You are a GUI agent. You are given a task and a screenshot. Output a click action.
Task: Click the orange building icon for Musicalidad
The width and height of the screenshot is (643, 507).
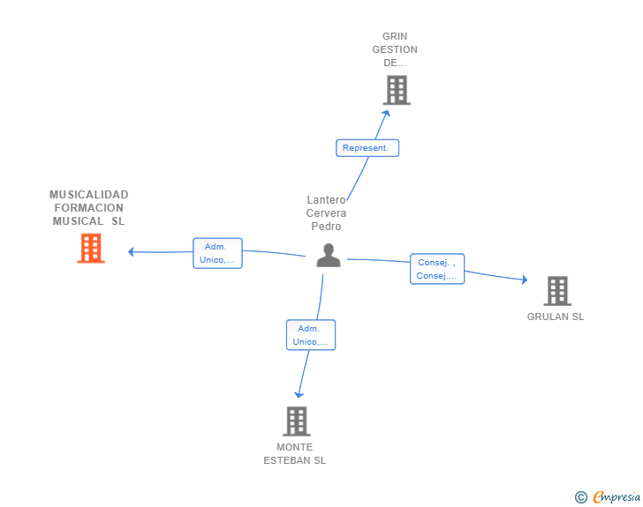(x=91, y=248)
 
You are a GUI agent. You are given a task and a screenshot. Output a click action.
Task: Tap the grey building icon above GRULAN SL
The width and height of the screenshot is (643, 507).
(x=557, y=291)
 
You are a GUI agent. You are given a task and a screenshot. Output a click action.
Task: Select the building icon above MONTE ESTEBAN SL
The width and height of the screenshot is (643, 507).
(x=297, y=421)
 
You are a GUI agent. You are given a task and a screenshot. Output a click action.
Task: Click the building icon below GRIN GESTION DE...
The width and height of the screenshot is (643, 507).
(x=397, y=90)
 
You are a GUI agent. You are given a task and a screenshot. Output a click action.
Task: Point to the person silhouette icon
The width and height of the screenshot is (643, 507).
(x=329, y=256)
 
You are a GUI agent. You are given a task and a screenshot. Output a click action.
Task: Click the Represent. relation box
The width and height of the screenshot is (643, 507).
(x=367, y=148)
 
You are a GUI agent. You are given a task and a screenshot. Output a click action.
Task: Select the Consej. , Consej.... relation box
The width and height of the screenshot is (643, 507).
(x=437, y=269)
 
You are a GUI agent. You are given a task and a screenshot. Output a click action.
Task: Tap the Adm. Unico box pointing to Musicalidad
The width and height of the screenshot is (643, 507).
(x=218, y=253)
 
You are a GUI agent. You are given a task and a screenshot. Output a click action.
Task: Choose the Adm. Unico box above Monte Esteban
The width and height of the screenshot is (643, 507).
(x=311, y=335)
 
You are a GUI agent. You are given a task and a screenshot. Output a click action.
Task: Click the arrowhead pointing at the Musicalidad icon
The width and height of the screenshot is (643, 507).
(x=131, y=252)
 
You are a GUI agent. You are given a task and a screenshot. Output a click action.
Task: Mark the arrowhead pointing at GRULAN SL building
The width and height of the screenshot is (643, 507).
(x=525, y=280)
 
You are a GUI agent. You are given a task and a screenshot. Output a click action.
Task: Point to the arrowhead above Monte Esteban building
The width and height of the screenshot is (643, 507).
(x=299, y=395)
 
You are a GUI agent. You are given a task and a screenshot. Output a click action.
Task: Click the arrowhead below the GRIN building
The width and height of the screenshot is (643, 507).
(x=386, y=113)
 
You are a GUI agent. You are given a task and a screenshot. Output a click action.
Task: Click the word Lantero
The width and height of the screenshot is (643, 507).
(x=327, y=200)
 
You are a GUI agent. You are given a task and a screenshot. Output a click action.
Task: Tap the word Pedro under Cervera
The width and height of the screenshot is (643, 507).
(x=326, y=226)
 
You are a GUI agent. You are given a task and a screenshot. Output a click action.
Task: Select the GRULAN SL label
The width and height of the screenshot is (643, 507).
(x=556, y=317)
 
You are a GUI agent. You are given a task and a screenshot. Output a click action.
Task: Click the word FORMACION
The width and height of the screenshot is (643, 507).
(x=89, y=207)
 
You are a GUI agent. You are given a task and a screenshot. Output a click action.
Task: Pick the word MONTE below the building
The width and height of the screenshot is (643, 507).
(x=294, y=447)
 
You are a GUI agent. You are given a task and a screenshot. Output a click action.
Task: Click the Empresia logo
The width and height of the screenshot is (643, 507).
(x=617, y=496)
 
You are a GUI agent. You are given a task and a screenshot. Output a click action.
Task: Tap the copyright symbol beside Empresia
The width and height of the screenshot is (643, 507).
(x=581, y=497)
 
